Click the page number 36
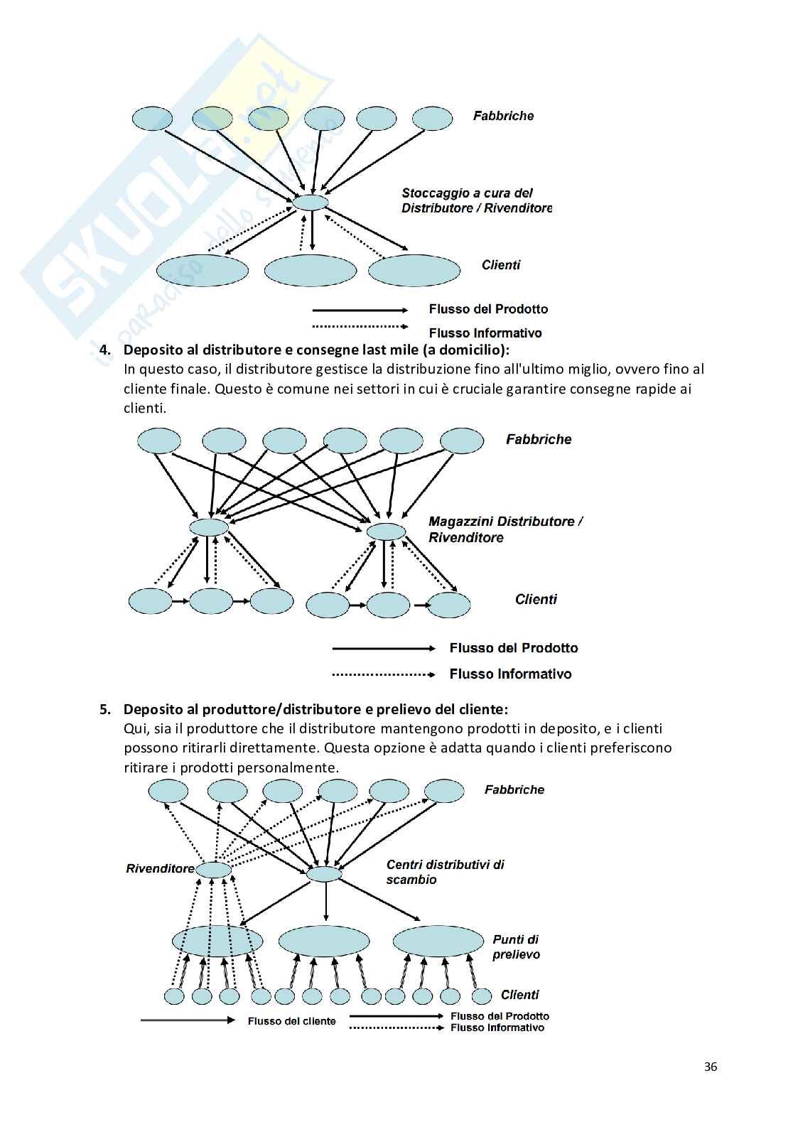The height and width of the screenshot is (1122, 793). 710,1066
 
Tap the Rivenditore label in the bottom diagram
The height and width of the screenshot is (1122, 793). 160,868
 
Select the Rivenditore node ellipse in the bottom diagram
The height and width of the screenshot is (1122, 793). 214,870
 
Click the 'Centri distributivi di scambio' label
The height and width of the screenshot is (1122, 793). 445,872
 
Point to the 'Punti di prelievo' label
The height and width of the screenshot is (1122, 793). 516,947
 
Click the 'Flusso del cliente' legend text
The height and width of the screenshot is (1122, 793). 291,1021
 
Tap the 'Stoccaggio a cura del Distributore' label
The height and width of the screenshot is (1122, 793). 476,200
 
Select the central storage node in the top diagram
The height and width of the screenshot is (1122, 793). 311,203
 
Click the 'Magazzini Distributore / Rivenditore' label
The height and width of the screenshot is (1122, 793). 505,529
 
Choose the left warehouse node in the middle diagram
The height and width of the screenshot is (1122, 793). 209,527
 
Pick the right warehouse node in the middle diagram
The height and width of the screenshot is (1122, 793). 386,531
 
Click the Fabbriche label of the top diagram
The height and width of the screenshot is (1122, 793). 503,116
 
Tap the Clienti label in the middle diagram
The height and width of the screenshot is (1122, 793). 536,599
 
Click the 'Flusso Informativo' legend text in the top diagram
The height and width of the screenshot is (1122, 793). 485,333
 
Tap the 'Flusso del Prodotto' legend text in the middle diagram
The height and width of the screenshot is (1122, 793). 513,648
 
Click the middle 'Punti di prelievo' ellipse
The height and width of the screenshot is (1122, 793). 324,942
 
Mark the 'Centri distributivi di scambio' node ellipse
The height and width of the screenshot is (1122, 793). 324,874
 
